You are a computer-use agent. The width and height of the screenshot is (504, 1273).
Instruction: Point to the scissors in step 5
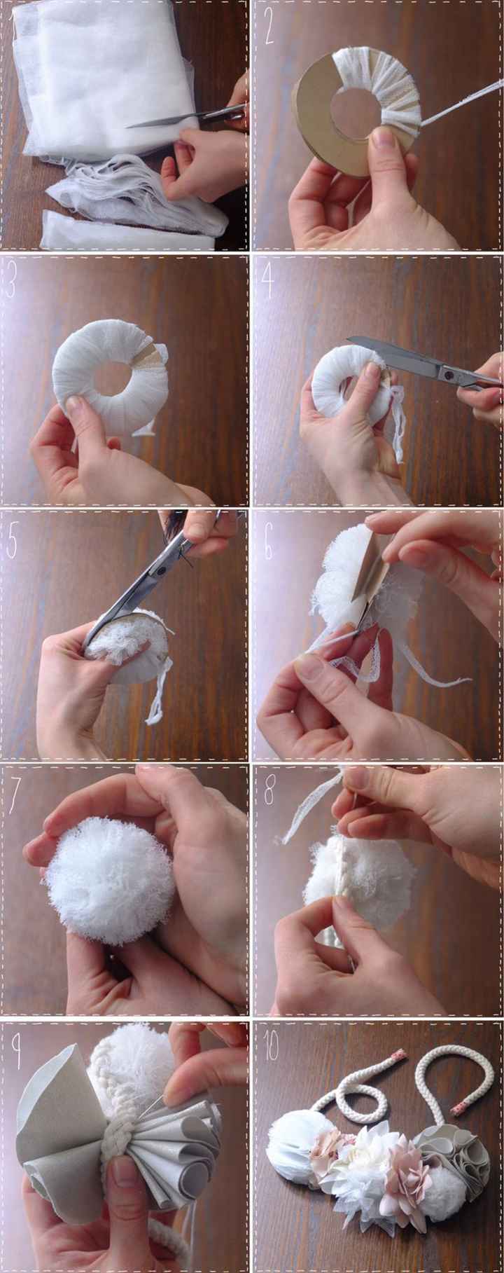point(161,574)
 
